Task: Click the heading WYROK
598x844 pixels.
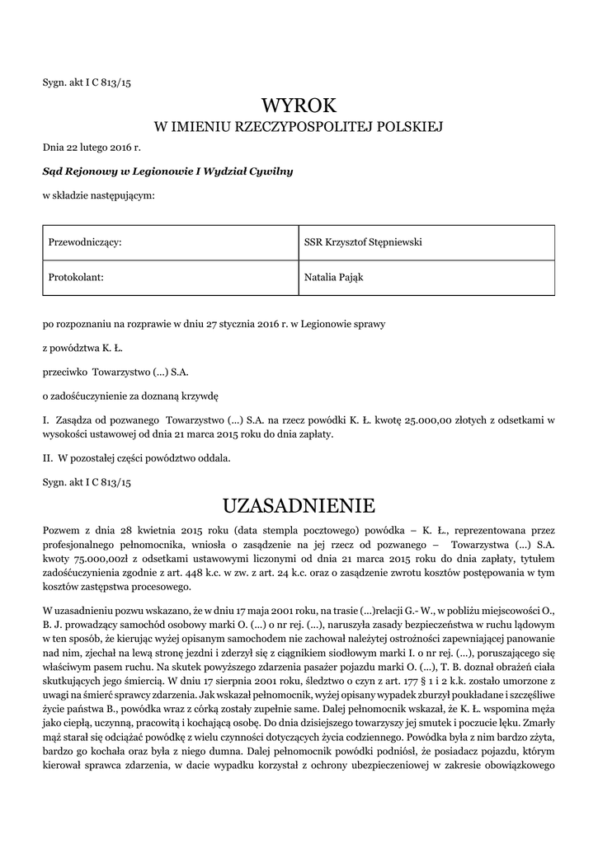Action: point(299,105)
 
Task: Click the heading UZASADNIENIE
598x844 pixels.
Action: point(299,504)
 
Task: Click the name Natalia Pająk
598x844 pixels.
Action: point(334,277)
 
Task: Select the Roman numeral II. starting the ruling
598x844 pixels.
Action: point(48,457)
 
